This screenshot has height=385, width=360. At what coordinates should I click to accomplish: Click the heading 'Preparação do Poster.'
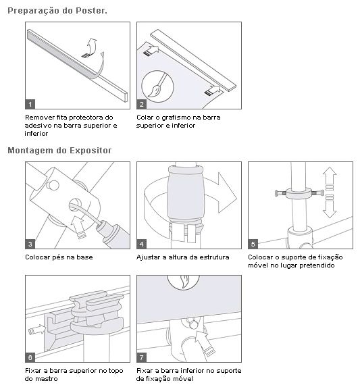coord(57,11)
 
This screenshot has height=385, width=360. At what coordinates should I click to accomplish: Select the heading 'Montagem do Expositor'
coord(59,150)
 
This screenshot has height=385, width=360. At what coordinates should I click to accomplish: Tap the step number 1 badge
coord(30,104)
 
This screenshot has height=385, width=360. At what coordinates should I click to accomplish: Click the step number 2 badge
coord(142,104)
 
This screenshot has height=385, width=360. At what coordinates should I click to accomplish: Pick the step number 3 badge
coord(30,244)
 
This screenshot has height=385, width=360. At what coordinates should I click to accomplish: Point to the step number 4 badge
coord(142,244)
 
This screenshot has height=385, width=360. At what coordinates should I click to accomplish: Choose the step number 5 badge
coord(253,244)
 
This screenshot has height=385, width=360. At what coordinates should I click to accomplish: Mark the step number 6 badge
coord(30,357)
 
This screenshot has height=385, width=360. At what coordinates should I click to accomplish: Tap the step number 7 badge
coord(142,357)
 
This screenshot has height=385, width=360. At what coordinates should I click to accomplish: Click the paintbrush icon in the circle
coord(157,86)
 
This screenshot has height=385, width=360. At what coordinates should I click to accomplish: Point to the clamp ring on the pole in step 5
coord(299,193)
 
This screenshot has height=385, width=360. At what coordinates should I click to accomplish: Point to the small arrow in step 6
coord(37,330)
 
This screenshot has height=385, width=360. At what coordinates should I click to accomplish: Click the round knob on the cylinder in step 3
coord(53,185)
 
